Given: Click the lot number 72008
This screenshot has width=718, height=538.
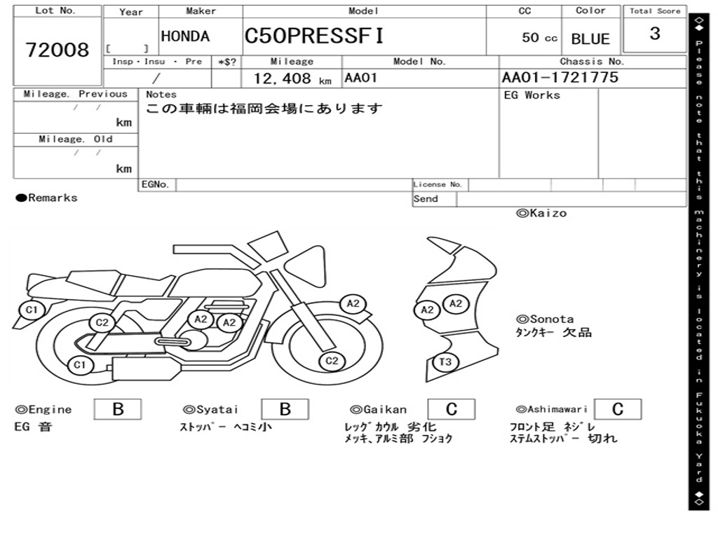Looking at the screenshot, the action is pos(57,50).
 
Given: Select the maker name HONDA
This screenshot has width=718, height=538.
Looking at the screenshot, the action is pos(185,36).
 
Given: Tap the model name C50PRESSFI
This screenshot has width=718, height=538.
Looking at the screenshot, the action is pos(314,36).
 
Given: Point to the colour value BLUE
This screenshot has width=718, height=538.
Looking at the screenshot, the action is pos(590,39).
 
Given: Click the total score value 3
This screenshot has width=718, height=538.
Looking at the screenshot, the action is pos(655,34).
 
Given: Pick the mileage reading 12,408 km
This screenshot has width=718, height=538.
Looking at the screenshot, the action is pos(292,78).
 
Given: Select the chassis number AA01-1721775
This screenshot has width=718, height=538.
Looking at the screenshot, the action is pos(560,77).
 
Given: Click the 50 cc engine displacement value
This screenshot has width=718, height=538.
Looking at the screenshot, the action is pos(539,38).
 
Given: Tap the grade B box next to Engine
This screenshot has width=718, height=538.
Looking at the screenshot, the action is pos(118,409).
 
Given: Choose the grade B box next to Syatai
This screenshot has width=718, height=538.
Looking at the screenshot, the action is pos(285,409).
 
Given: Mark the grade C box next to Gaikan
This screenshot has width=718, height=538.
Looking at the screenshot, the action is pos(451,409).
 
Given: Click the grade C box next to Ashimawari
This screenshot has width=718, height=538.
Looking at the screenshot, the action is pos(617,409).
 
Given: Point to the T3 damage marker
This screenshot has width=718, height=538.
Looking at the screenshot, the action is pos(445,362).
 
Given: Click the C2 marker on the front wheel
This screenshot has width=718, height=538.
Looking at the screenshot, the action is pos(332,361).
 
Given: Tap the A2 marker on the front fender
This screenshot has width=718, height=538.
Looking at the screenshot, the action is pos(353,303).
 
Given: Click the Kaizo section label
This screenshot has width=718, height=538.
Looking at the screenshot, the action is pos(541,213).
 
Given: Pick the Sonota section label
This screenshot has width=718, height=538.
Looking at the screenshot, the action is pos(545,319).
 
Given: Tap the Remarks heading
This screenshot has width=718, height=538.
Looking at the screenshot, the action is pos(47,198).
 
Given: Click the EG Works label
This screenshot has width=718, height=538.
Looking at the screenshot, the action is pos(532,95).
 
